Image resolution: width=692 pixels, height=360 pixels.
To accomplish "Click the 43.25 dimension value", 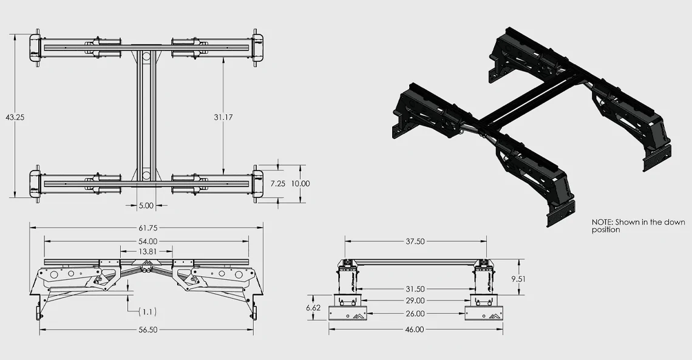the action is (15, 117).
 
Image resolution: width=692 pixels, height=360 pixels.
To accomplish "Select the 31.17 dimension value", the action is (223, 117).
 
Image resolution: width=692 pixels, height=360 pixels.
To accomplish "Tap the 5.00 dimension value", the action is (146, 206).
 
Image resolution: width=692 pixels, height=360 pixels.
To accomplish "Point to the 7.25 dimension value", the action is (278, 183).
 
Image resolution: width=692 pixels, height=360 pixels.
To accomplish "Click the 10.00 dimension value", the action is (300, 183).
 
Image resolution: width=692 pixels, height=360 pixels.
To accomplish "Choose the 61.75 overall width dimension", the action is (148, 228).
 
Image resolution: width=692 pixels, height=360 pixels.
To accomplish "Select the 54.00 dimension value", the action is (148, 242).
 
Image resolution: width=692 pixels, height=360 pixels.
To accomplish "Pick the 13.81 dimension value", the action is (146, 251).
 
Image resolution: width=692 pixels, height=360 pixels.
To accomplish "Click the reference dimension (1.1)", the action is (148, 312).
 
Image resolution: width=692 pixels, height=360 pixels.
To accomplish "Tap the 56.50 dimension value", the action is (148, 330).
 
